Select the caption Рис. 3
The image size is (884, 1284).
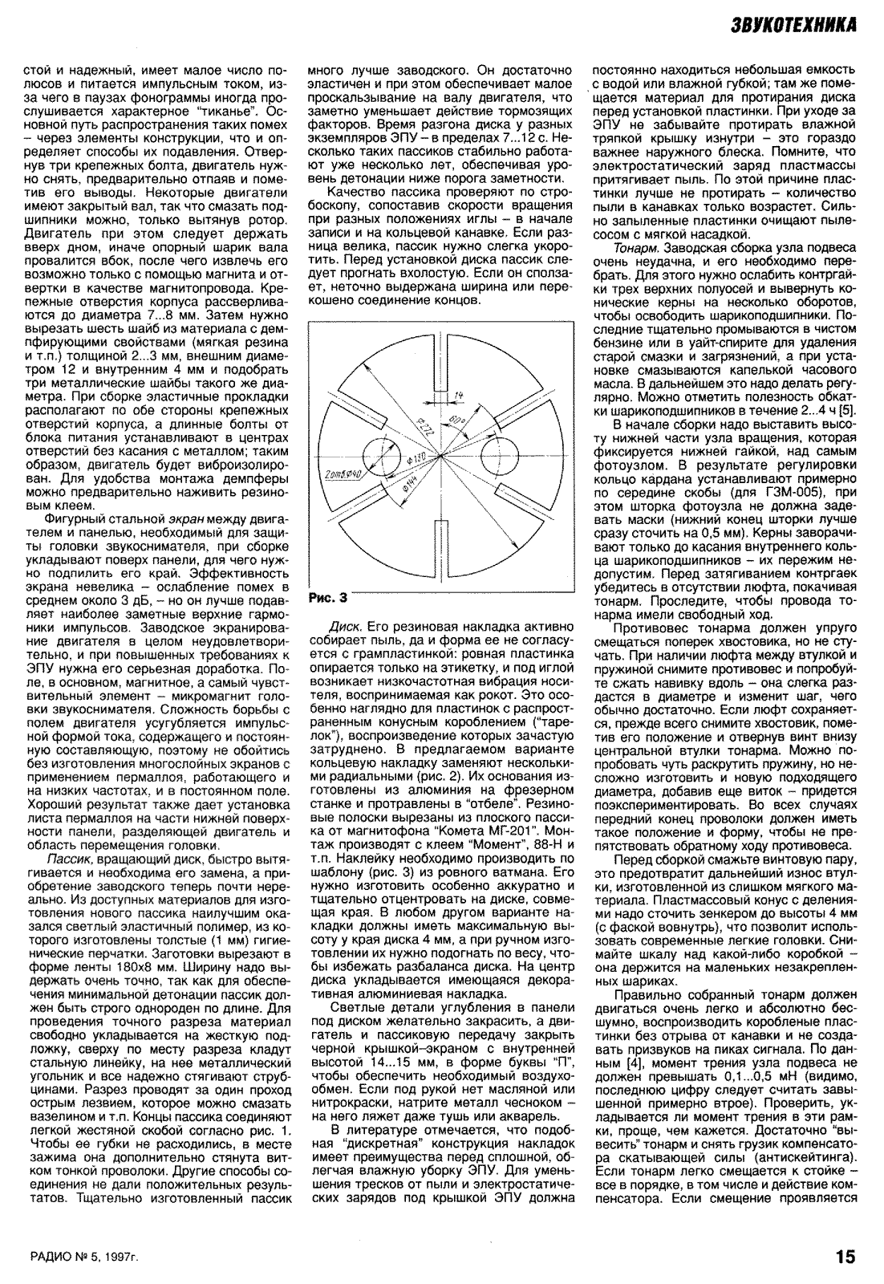click(328, 597)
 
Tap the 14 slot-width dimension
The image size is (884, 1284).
click(458, 396)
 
